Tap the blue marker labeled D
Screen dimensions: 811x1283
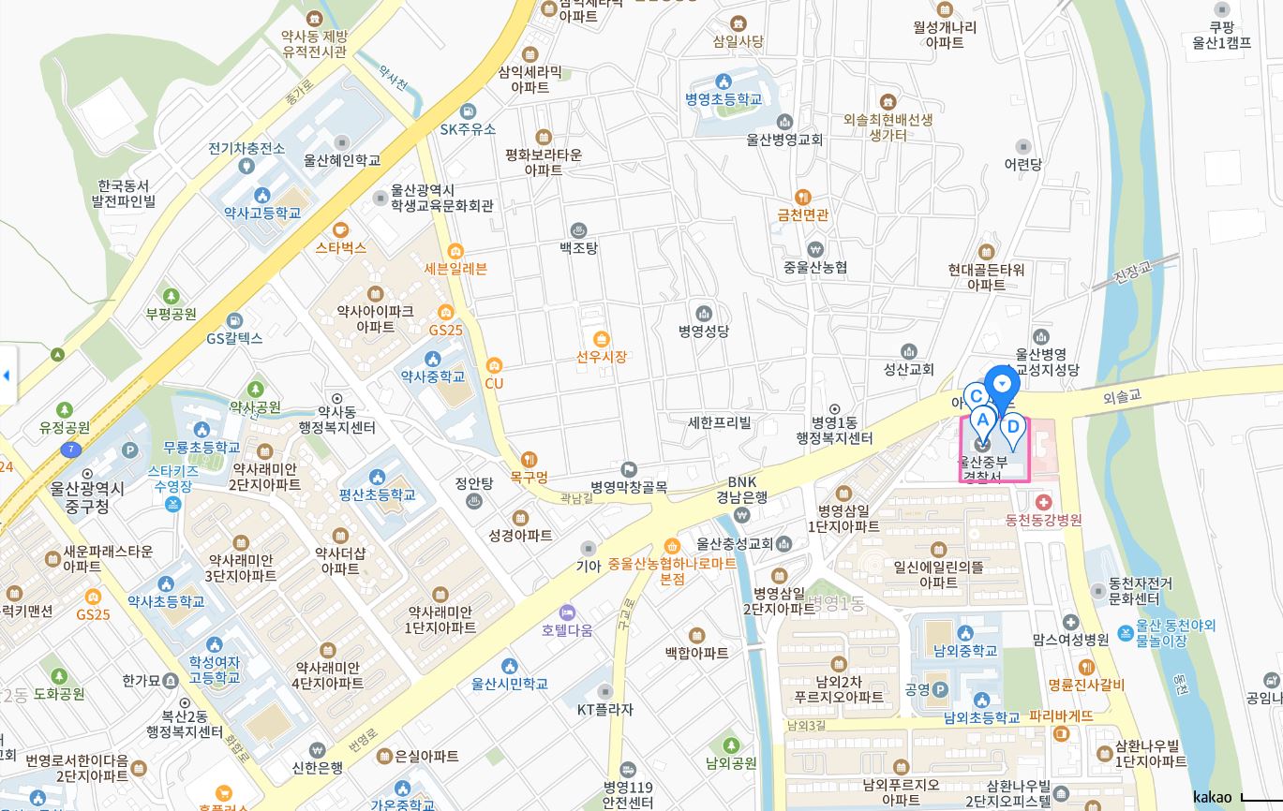pyautogui.click(x=1012, y=429)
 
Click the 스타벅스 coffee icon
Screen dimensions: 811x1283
pyautogui.click(x=340, y=229)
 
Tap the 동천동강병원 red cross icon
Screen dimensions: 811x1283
pyautogui.click(x=1043, y=503)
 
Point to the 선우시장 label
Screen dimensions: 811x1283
pyautogui.click(x=601, y=356)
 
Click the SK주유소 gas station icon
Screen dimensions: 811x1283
pyautogui.click(x=468, y=111)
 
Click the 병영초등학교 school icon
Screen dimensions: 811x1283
pyautogui.click(x=723, y=81)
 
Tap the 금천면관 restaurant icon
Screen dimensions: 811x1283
pyautogui.click(x=802, y=198)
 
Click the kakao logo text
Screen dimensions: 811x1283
pyautogui.click(x=1212, y=797)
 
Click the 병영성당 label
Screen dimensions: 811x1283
pyautogui.click(x=704, y=331)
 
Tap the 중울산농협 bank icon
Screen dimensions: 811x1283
pyautogui.click(x=814, y=249)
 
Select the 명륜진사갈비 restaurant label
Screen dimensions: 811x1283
pyautogui.click(x=1086, y=685)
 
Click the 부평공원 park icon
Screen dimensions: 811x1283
pyautogui.click(x=170, y=296)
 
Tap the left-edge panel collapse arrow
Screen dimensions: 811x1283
pyautogui.click(x=7, y=376)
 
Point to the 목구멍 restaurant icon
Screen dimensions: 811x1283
pyautogui.click(x=530, y=459)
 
